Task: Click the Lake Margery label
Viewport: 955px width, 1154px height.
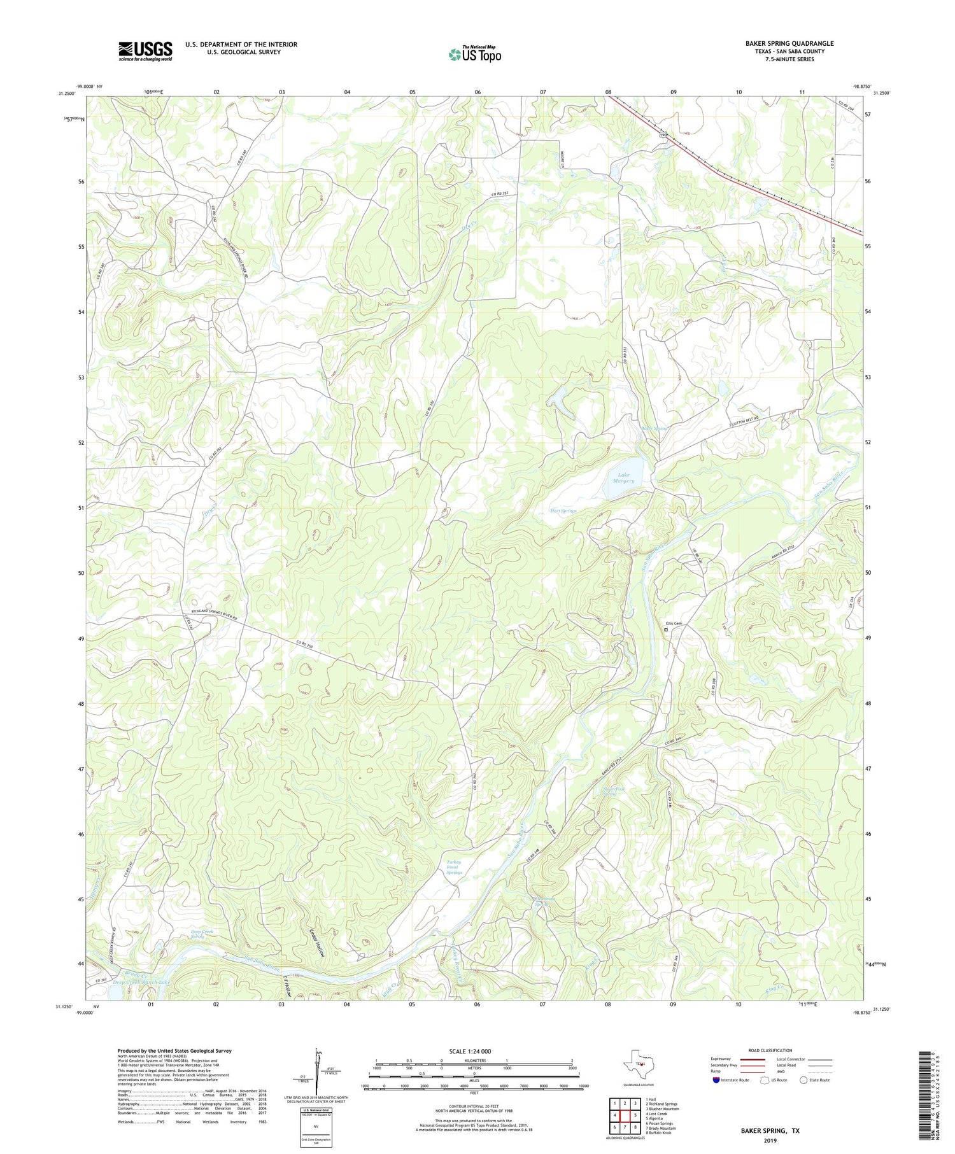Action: (x=623, y=477)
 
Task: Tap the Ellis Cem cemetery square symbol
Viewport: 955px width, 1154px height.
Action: (x=666, y=630)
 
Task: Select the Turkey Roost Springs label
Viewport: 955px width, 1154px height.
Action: (x=453, y=867)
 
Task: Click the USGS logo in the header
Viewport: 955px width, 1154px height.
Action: (x=145, y=51)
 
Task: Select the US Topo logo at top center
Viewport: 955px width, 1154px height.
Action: (x=474, y=55)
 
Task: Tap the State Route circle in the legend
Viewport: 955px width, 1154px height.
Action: (x=803, y=1080)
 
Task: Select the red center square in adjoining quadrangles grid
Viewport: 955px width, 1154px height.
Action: (x=625, y=1115)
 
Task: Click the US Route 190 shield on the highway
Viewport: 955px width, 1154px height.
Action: (x=662, y=136)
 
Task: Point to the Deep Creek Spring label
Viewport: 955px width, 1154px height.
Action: (x=202, y=935)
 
